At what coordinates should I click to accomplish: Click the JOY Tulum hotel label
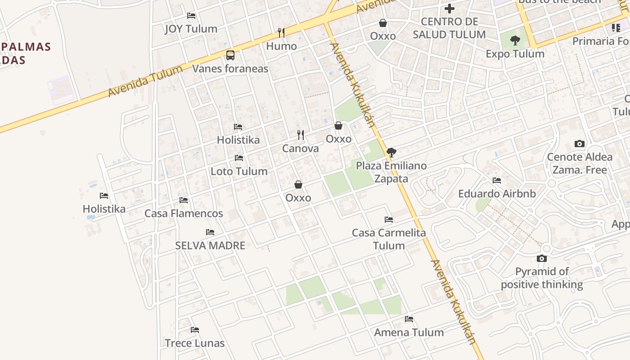coord(191,29)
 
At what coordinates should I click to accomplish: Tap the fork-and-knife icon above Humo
coord(281,32)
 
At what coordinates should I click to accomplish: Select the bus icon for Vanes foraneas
coord(230,55)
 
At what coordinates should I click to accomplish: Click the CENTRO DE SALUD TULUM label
coord(449,28)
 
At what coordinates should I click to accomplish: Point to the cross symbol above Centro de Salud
coord(449,9)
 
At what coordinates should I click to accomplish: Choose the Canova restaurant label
coord(300,148)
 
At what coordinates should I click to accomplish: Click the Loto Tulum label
coord(239,171)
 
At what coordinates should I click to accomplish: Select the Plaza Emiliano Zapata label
coord(391,172)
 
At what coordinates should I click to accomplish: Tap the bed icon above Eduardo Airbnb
coord(497,180)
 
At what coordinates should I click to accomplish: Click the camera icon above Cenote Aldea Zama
coord(580,144)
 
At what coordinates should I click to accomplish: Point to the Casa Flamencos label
coord(184,213)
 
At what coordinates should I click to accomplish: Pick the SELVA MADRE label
coord(210,246)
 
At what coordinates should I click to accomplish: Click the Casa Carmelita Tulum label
coord(389,239)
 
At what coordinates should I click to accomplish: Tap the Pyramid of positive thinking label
coord(542,278)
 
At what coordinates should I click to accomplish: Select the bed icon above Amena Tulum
coord(409,319)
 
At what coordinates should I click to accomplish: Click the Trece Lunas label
coord(194,343)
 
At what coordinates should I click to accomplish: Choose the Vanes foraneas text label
coord(230,69)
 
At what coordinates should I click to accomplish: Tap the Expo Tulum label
coord(515,54)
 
